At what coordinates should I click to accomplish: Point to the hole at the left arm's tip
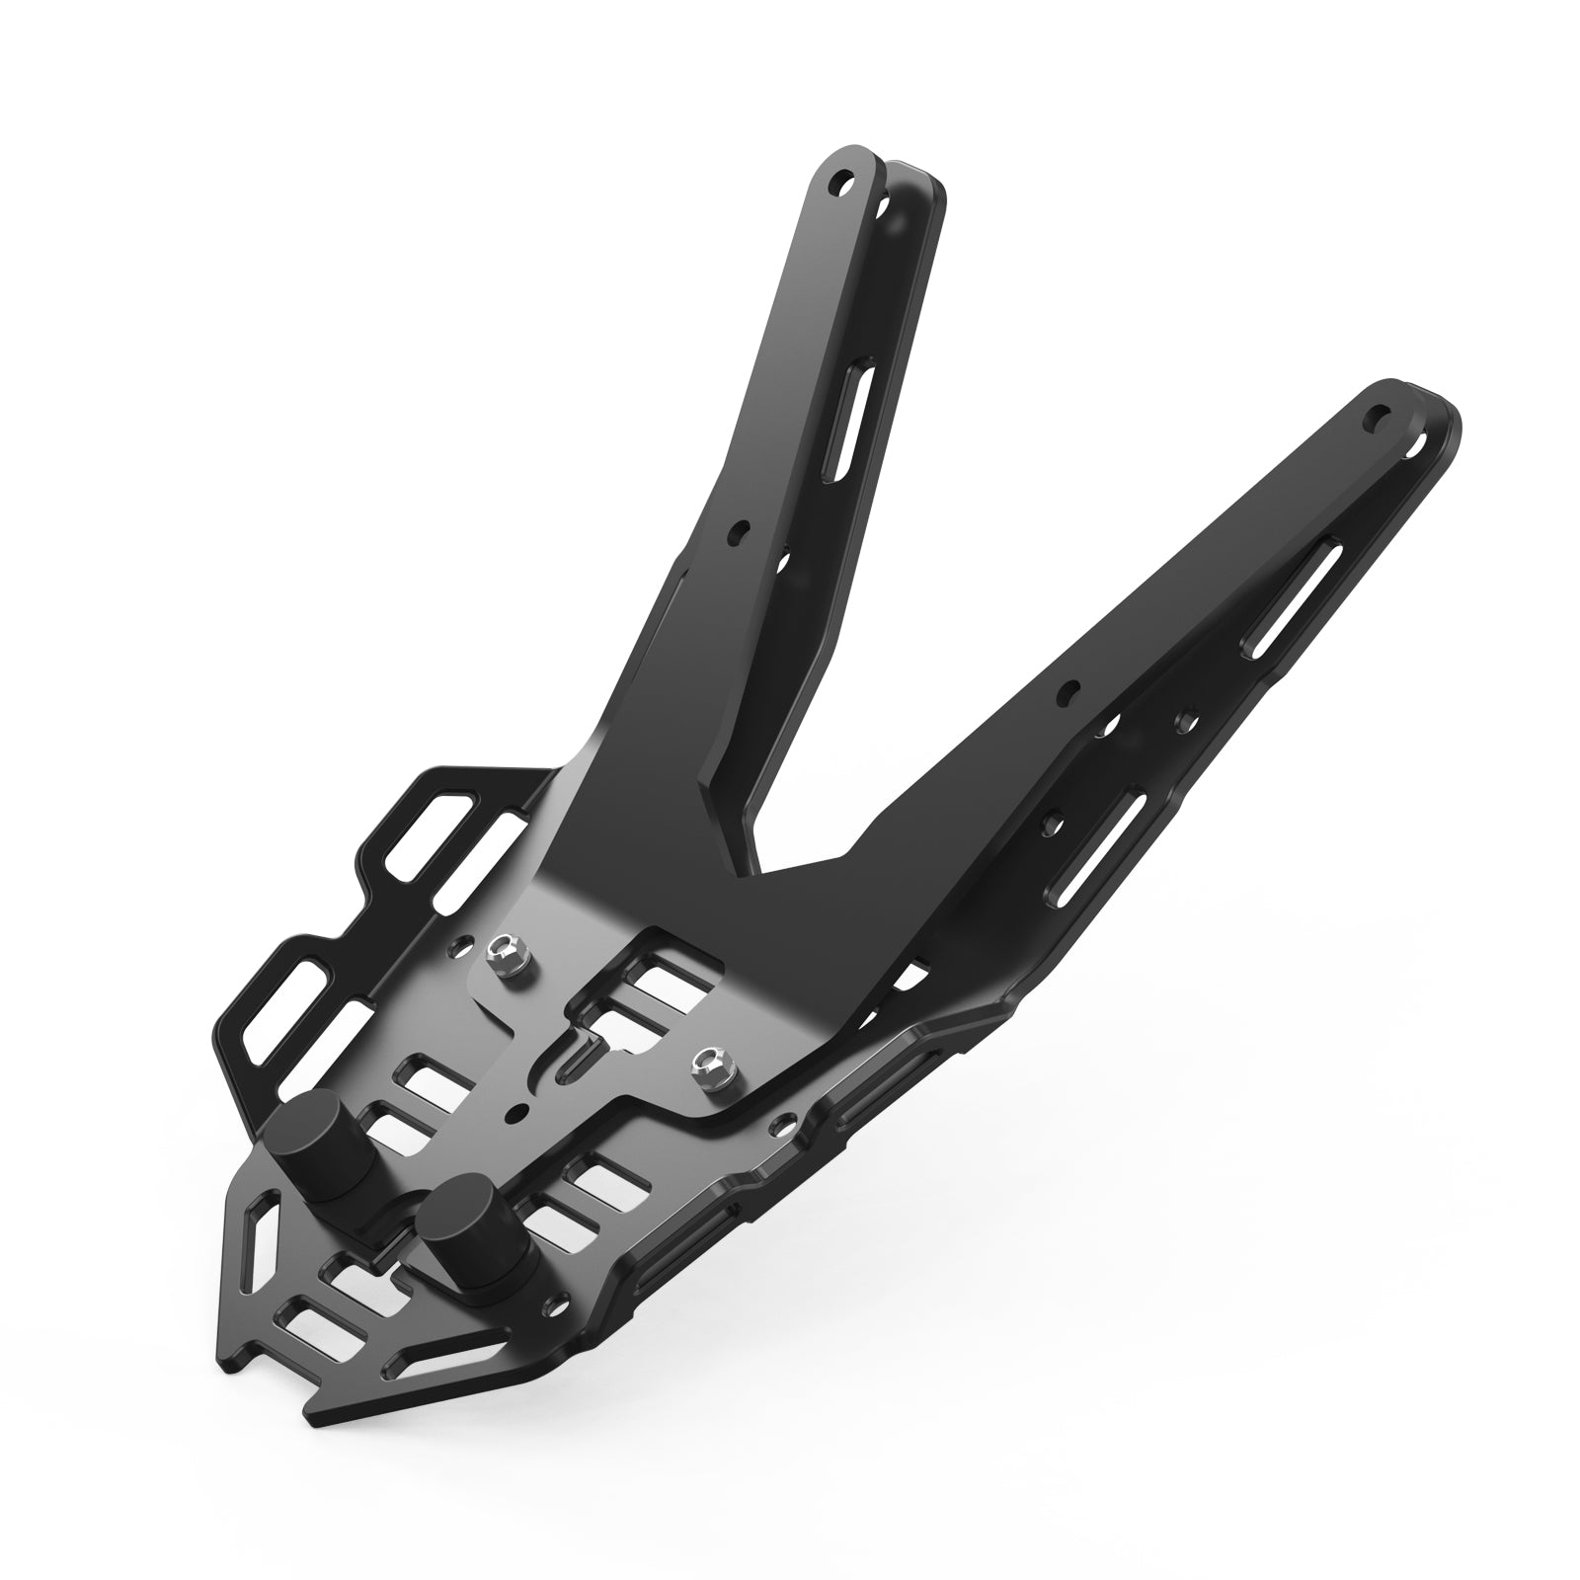841,183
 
